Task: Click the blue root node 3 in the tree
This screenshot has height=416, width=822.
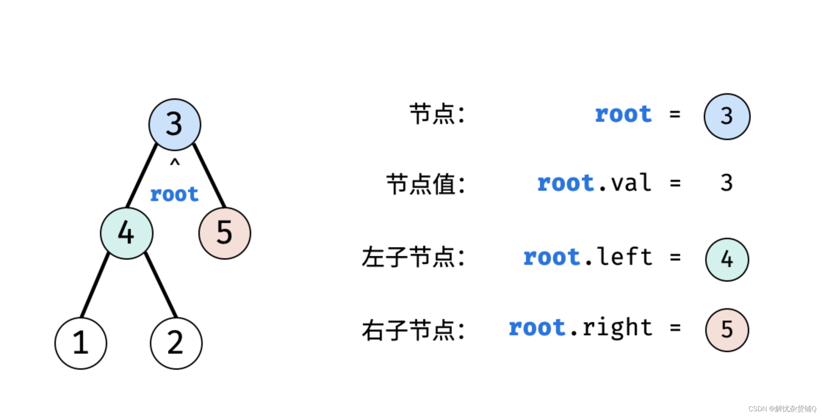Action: click(175, 124)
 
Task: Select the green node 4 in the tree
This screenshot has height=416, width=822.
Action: click(126, 233)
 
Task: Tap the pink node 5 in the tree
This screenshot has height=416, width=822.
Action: click(224, 233)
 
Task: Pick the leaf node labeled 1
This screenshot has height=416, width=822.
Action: click(81, 343)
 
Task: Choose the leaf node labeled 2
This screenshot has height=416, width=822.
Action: click(176, 343)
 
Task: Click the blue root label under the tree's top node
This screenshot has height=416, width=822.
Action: click(174, 194)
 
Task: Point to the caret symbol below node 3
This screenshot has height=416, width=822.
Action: click(175, 163)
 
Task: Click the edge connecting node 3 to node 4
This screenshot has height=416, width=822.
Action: click(142, 175)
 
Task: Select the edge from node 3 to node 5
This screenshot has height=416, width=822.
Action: click(209, 175)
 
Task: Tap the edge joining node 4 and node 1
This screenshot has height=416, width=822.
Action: click(95, 285)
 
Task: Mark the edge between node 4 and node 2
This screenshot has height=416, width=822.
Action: click(161, 285)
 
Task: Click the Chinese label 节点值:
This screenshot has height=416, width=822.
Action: click(426, 184)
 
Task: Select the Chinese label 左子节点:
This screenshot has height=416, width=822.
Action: click(413, 257)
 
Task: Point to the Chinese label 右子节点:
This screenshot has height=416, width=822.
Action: click(413, 330)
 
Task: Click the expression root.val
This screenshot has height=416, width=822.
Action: click(594, 183)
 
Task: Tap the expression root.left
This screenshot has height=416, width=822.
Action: click(588, 257)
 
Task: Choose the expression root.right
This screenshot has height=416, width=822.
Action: click(580, 328)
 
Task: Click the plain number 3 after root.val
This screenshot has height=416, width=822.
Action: click(727, 183)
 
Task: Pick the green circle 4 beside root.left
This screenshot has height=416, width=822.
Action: click(727, 259)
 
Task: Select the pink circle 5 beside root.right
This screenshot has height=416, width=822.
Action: click(727, 330)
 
